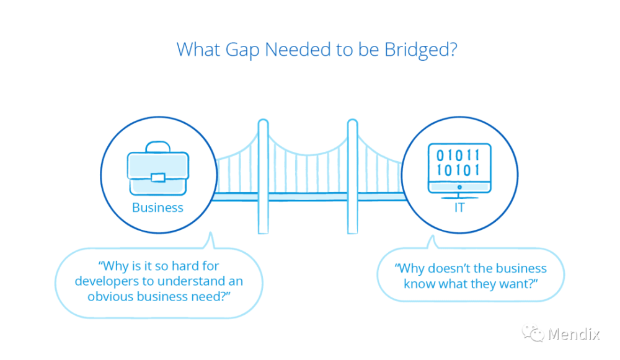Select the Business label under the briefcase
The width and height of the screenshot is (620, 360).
(157, 208)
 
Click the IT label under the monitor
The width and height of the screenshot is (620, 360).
(459, 208)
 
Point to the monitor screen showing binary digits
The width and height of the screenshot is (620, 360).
(459, 162)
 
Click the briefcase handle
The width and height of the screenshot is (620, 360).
(157, 147)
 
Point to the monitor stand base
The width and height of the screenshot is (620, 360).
(459, 196)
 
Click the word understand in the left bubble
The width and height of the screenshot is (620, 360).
(188, 281)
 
